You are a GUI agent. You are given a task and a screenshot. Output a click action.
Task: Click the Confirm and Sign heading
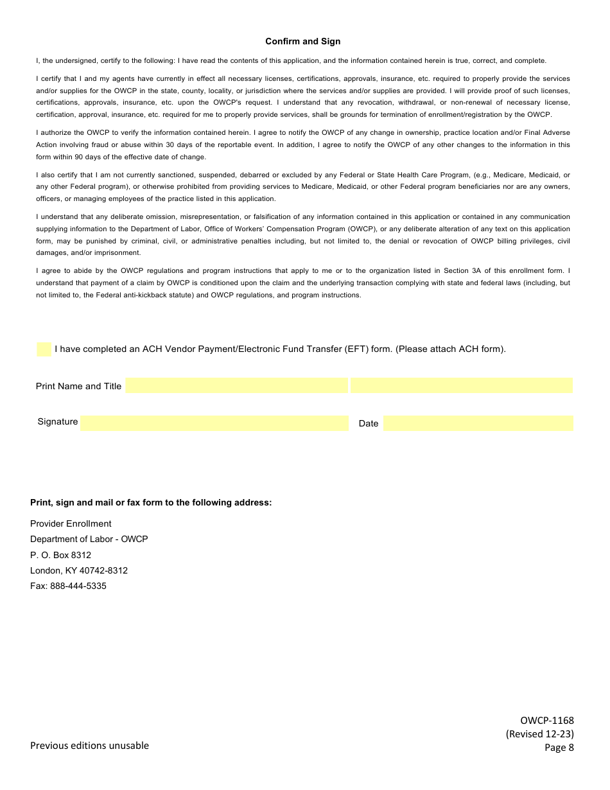(x=303, y=42)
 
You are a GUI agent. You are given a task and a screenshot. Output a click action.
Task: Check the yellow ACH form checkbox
(x=44, y=349)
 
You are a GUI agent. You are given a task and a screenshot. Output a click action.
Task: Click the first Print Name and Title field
(x=236, y=385)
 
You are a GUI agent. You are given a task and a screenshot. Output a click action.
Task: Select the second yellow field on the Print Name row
(x=461, y=385)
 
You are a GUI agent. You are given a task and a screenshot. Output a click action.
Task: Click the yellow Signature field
(x=214, y=423)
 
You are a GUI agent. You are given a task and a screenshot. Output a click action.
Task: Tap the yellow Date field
(x=478, y=423)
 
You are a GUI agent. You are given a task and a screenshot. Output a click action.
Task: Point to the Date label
(x=369, y=424)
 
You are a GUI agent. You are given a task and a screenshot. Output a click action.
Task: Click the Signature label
(x=58, y=422)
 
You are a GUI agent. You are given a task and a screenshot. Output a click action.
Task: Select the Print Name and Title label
(x=78, y=387)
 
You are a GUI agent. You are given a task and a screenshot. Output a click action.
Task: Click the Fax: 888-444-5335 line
(x=68, y=586)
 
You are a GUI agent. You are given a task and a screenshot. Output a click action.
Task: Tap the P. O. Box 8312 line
(x=60, y=555)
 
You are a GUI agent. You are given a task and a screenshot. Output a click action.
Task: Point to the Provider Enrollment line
(x=71, y=524)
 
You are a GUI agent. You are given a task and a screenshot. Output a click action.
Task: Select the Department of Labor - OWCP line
(x=89, y=540)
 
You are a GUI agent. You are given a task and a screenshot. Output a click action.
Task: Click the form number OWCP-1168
(x=547, y=721)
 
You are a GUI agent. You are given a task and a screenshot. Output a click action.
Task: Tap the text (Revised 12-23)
(x=540, y=734)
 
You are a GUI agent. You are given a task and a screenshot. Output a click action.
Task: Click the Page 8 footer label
(x=559, y=748)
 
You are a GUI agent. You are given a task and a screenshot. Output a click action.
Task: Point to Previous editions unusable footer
(x=89, y=746)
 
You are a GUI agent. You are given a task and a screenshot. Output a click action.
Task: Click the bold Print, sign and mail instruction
(x=151, y=503)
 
